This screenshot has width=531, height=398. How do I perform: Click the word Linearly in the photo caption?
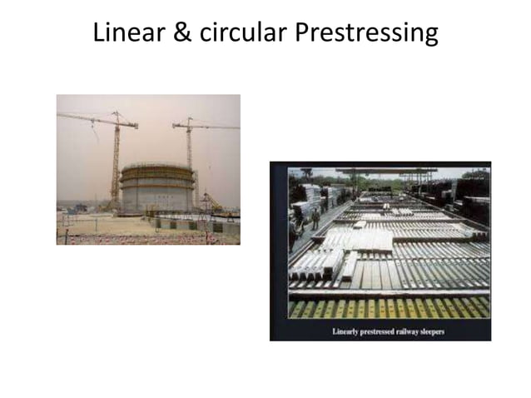click(348, 331)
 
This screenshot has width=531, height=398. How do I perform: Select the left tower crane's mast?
click(116, 162)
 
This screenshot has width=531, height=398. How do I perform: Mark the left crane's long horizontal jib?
click(87, 118)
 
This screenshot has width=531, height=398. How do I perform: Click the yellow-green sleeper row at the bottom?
click(387, 308)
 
